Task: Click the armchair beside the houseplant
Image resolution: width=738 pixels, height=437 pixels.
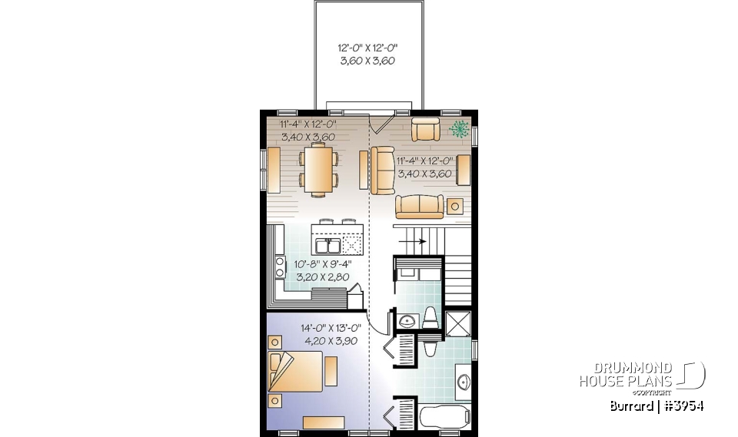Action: click(425, 130)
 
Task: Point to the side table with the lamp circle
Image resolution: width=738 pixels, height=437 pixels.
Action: click(455, 206)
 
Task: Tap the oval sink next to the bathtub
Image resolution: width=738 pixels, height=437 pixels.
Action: click(464, 382)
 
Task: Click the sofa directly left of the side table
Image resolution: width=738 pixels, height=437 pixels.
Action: click(419, 205)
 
